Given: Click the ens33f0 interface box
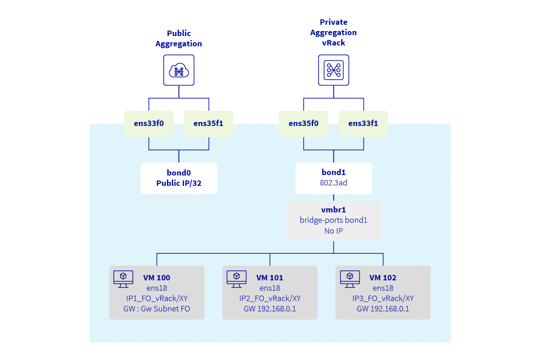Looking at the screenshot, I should tap(149, 124).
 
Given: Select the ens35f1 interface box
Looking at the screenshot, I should tap(208, 124).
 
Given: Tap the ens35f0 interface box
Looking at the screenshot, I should tap(303, 124).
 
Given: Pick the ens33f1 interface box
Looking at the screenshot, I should tap(363, 124).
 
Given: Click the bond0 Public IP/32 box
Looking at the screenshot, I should tap(179, 178).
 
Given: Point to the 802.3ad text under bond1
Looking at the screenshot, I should tap(333, 184).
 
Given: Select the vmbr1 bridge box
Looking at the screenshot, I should tap(333, 220).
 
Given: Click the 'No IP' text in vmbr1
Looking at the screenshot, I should tap(333, 231).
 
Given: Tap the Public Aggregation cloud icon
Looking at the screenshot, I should tap(179, 70).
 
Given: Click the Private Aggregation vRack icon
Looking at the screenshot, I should tap(333, 70).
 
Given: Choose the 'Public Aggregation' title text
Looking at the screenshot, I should tap(179, 39).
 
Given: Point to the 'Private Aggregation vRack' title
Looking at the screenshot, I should tap(333, 32).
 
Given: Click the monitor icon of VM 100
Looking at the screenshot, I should tap(123, 279).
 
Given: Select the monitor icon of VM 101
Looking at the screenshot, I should tap(236, 279).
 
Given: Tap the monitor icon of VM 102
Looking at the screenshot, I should tap(350, 279).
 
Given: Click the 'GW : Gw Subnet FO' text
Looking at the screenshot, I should tap(157, 309).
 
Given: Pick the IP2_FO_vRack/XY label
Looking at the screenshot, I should tap(270, 298).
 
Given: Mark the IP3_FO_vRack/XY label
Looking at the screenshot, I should tap(383, 298).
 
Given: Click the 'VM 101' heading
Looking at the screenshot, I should tap(270, 278).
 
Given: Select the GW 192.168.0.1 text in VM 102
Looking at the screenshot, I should tap(383, 309).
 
